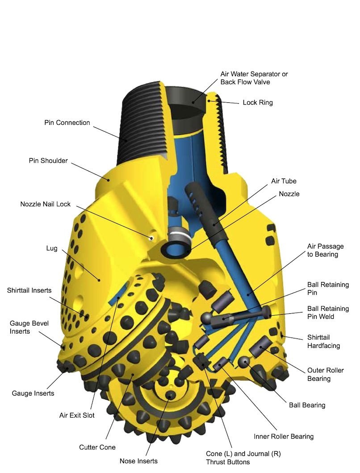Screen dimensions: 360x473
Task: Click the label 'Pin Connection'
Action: [x=67, y=122]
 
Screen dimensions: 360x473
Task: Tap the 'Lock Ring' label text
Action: [x=258, y=102]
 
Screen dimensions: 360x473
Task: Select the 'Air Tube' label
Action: [x=284, y=181]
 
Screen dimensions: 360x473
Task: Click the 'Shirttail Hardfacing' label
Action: [x=323, y=341]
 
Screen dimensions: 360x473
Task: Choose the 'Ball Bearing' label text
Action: [x=307, y=405]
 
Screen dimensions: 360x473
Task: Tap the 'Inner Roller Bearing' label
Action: [x=284, y=436]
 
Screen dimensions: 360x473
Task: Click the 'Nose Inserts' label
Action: [x=138, y=460]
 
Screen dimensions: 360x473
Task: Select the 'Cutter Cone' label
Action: [x=97, y=447]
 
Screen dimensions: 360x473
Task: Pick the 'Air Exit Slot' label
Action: [x=77, y=415]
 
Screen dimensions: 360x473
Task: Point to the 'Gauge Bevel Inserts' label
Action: [x=29, y=327]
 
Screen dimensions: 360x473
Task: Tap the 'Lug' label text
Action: [x=52, y=248]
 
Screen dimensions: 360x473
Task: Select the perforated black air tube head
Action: [x=198, y=201]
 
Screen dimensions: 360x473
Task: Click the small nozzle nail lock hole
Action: [x=152, y=236]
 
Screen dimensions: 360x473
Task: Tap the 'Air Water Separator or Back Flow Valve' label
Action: [x=254, y=78]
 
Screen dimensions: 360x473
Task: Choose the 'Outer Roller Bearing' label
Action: [x=325, y=374]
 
